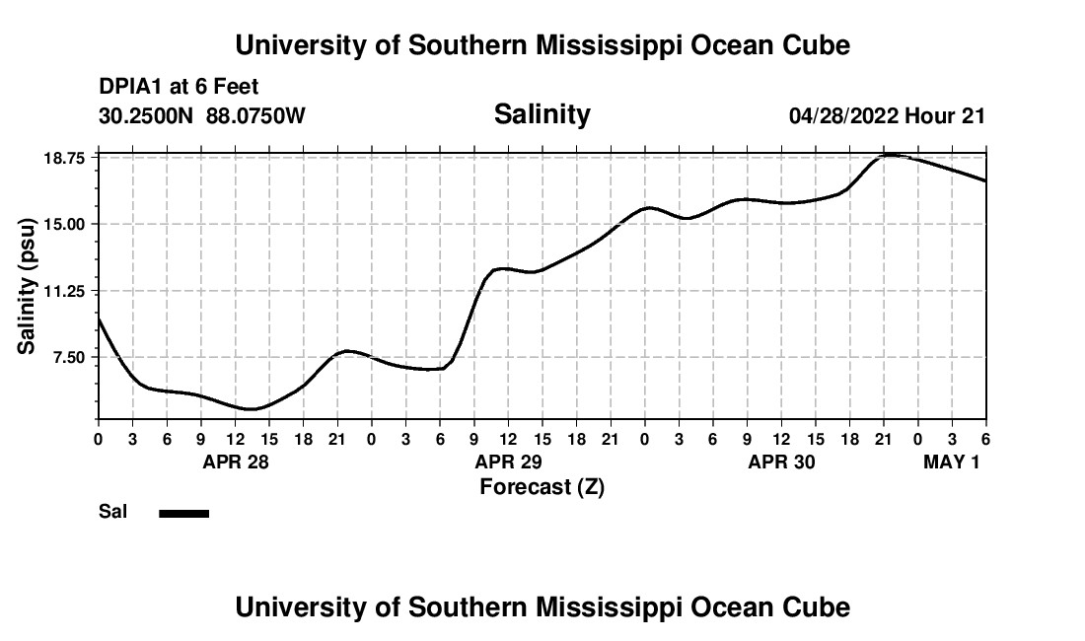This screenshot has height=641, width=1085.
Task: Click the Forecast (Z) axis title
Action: (542, 487)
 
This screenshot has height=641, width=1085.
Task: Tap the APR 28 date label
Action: (236, 462)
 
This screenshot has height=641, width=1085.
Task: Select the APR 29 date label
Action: (509, 462)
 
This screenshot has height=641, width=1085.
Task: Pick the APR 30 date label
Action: (782, 462)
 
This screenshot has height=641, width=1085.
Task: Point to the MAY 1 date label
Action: (952, 462)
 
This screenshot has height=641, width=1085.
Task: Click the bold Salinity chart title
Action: (542, 114)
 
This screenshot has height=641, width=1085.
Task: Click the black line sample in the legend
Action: (184, 513)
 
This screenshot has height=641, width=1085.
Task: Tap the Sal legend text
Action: (112, 512)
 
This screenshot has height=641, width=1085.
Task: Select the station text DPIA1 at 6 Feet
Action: (179, 88)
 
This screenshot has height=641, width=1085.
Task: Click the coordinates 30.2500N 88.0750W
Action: (202, 115)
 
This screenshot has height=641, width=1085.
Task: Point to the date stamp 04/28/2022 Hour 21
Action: (887, 115)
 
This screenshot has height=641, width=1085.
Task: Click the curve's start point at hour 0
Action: (99, 318)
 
